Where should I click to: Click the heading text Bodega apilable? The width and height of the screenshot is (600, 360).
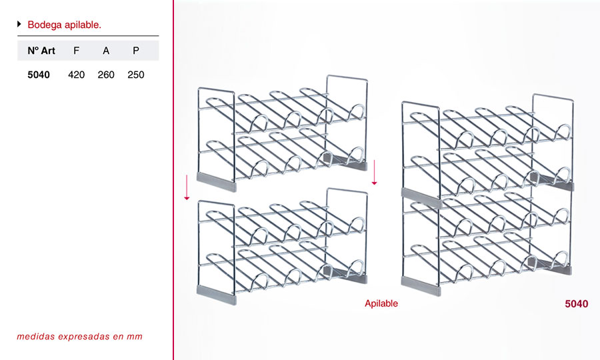(64, 25)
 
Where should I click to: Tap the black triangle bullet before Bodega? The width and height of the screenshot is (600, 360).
(19, 24)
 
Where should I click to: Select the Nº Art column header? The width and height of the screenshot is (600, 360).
(41, 51)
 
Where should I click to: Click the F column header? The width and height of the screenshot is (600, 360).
(77, 51)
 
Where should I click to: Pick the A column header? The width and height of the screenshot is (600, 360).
(106, 51)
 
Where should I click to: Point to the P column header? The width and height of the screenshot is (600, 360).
(136, 51)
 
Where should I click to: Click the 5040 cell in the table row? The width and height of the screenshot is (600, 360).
(39, 75)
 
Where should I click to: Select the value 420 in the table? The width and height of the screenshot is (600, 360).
(76, 75)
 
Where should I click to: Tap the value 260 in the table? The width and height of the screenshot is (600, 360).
(106, 75)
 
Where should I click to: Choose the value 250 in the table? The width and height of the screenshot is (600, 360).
(136, 75)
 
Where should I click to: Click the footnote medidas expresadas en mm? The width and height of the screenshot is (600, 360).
(79, 337)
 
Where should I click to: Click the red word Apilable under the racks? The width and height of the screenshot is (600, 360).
(381, 303)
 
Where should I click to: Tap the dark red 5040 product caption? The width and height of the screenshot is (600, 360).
(576, 304)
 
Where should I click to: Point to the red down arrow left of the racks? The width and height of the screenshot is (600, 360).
(187, 187)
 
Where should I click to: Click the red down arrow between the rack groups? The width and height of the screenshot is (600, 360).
(374, 173)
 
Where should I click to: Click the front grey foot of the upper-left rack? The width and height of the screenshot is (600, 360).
(217, 182)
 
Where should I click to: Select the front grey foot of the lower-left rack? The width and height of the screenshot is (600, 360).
(217, 295)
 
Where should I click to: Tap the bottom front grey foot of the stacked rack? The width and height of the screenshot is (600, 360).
(421, 287)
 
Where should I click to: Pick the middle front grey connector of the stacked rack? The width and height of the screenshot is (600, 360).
(421, 198)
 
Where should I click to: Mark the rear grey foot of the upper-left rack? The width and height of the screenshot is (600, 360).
(345, 161)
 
